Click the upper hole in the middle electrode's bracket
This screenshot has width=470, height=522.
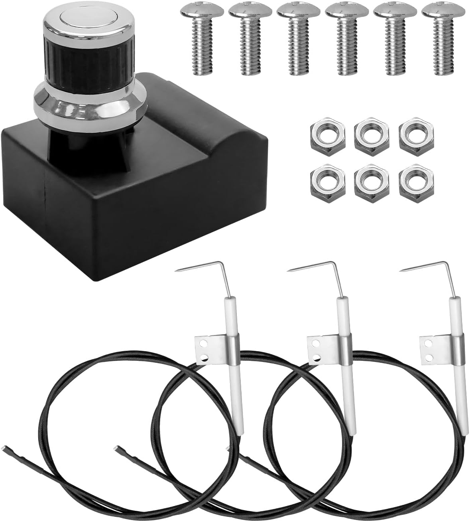[315, 343]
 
